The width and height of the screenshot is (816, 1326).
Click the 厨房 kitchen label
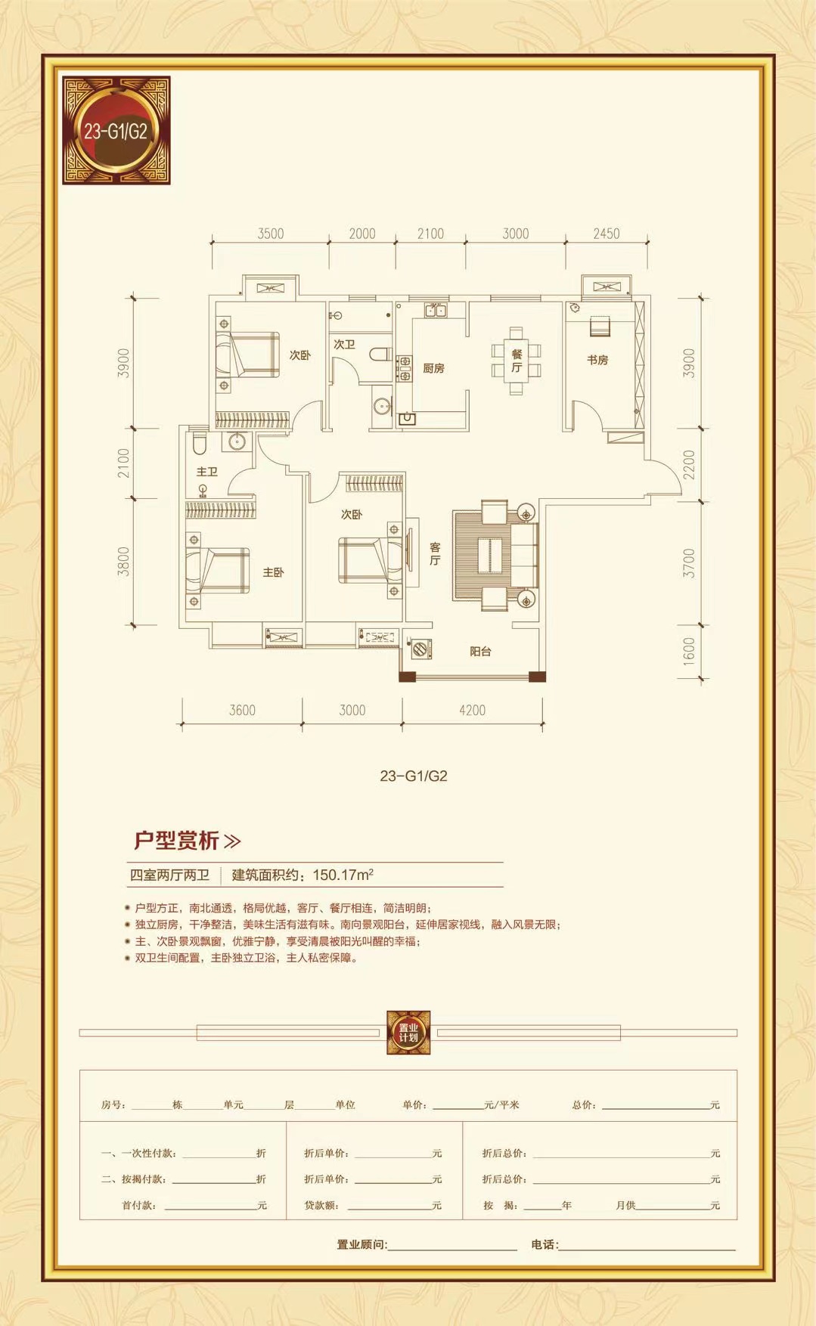433,368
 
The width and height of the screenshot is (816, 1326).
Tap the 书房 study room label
597,360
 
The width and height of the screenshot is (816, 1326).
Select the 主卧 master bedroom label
273,572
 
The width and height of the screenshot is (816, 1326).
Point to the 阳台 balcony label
480,651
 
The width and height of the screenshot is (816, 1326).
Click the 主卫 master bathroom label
206,472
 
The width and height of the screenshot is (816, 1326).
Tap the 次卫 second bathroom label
344,344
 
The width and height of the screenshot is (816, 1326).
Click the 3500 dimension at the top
270,234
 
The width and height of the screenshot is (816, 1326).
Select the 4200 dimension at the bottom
472,710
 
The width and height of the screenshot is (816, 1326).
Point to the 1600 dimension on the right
688,650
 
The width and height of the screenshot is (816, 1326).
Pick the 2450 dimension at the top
606,234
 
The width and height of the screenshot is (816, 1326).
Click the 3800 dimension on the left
124,561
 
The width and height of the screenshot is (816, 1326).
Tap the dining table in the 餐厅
517,361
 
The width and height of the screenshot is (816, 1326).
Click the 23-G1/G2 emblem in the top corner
116,130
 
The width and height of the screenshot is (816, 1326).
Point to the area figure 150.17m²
343,875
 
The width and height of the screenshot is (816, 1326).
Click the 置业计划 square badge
408,1033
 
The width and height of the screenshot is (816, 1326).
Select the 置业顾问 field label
361,1244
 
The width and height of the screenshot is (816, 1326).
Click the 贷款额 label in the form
321,1205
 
